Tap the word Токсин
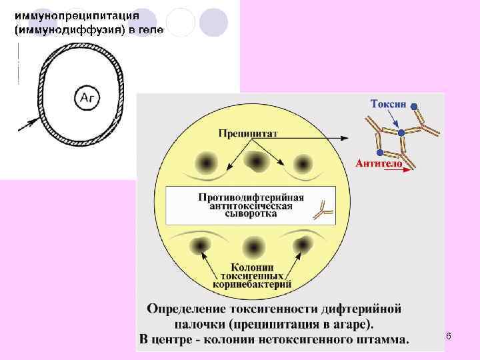387,104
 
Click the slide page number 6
449,337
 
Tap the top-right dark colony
303,162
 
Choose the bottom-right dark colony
303,245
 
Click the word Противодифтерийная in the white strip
251,197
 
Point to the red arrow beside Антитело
397,170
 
